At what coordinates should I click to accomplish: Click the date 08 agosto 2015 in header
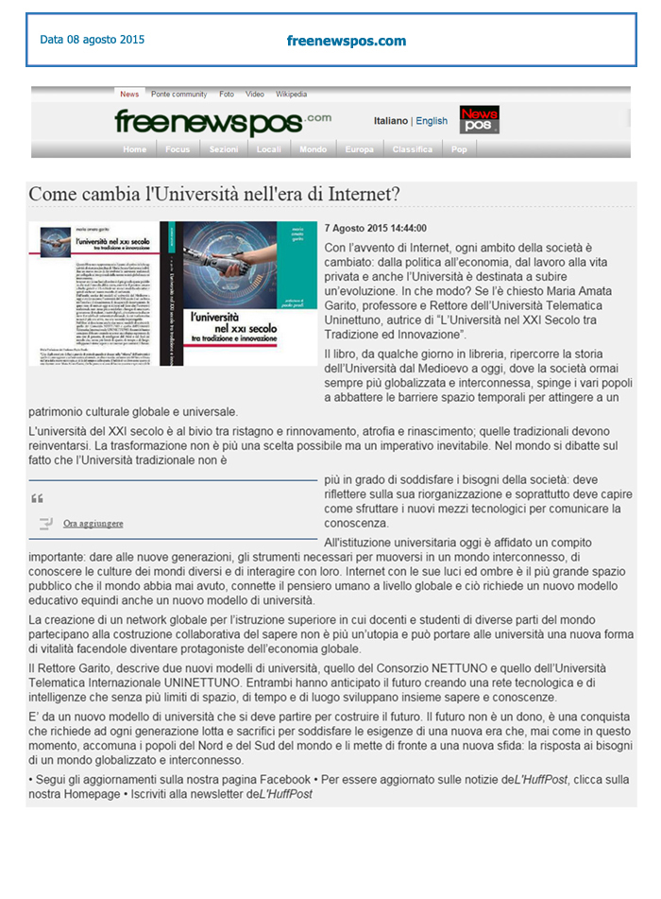click(93, 40)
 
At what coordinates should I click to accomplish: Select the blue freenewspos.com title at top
click(347, 41)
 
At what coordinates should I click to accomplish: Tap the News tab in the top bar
click(129, 95)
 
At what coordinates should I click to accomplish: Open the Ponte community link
click(178, 95)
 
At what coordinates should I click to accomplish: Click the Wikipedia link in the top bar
click(291, 95)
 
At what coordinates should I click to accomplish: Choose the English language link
click(432, 121)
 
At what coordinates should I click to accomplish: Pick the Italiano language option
click(391, 121)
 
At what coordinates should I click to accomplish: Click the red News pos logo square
click(479, 120)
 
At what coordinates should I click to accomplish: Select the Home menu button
click(135, 149)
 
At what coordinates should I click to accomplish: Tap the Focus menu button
click(178, 149)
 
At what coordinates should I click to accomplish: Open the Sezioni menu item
click(224, 149)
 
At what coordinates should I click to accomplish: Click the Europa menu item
click(359, 149)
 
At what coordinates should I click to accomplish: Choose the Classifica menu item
click(413, 149)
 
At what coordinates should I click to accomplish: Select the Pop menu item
click(459, 149)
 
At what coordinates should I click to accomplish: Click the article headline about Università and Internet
click(214, 194)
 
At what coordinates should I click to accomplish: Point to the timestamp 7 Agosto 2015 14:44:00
click(375, 229)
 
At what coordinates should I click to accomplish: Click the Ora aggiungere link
click(93, 523)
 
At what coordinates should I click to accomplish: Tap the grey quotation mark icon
click(38, 498)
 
